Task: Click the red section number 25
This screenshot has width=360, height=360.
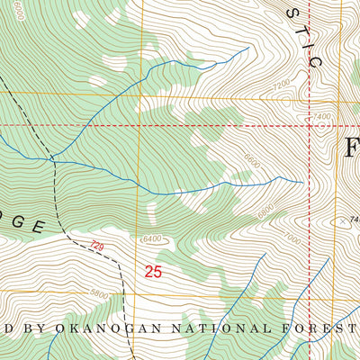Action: (153, 270)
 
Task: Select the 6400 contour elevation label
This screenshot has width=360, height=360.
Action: (156, 238)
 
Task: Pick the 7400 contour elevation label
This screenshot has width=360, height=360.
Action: (322, 117)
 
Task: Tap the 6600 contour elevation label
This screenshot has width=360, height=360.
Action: (264, 211)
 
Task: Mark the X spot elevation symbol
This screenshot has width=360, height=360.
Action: (342, 220)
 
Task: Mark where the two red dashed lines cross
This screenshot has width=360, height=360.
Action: (311, 125)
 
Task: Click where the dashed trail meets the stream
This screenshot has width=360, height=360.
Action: (53, 159)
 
